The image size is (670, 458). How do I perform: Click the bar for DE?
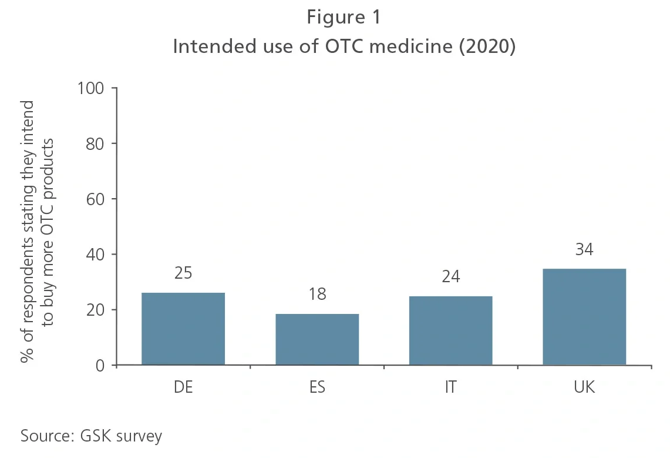(x=183, y=329)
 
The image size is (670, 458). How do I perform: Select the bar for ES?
(x=317, y=339)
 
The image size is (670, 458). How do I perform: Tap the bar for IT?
(x=450, y=330)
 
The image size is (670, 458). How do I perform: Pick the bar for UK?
(x=584, y=317)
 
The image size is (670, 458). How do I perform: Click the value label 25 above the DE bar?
(x=183, y=273)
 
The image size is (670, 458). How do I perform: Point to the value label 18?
(x=317, y=294)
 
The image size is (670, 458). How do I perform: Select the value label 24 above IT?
(x=450, y=276)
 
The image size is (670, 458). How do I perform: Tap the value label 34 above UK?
(x=584, y=249)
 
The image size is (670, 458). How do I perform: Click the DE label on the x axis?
(x=183, y=387)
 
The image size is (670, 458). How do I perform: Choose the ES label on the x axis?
(x=317, y=387)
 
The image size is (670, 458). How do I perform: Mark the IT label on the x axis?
(x=450, y=387)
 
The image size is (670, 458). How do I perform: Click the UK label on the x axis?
(x=584, y=387)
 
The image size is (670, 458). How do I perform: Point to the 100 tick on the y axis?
(x=90, y=88)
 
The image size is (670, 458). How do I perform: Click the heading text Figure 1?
(x=344, y=18)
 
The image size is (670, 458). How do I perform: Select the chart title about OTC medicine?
(x=344, y=47)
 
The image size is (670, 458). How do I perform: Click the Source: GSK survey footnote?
(x=91, y=436)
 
